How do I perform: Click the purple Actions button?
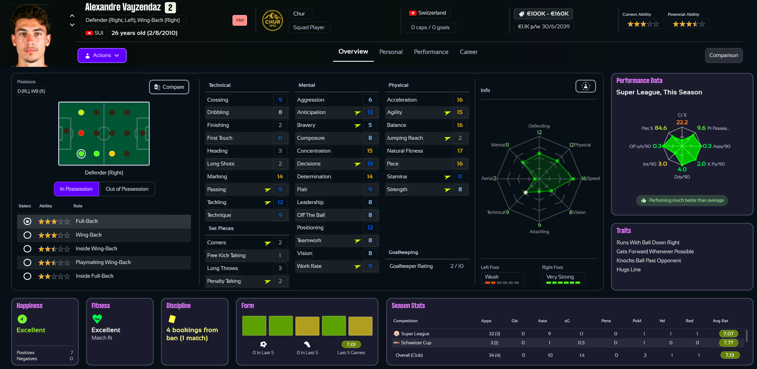tap(102, 55)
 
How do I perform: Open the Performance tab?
tap(431, 52)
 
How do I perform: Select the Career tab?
tap(468, 52)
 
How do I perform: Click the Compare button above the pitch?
tap(169, 87)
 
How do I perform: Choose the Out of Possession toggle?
tap(127, 189)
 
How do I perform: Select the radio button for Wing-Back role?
tap(27, 235)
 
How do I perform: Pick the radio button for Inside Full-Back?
tap(27, 276)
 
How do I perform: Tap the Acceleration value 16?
tap(459, 100)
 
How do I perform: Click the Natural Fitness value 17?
tap(459, 151)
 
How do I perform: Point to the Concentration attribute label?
tap(314, 151)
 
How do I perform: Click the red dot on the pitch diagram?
tap(81, 133)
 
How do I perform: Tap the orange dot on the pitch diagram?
tap(112, 153)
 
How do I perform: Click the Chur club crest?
tap(272, 21)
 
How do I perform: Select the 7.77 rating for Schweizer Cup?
tap(728, 343)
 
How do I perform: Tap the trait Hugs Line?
tap(629, 270)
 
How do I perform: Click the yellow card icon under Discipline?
tap(172, 319)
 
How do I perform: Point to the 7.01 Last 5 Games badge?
tap(351, 345)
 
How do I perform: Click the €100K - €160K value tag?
tap(543, 14)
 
